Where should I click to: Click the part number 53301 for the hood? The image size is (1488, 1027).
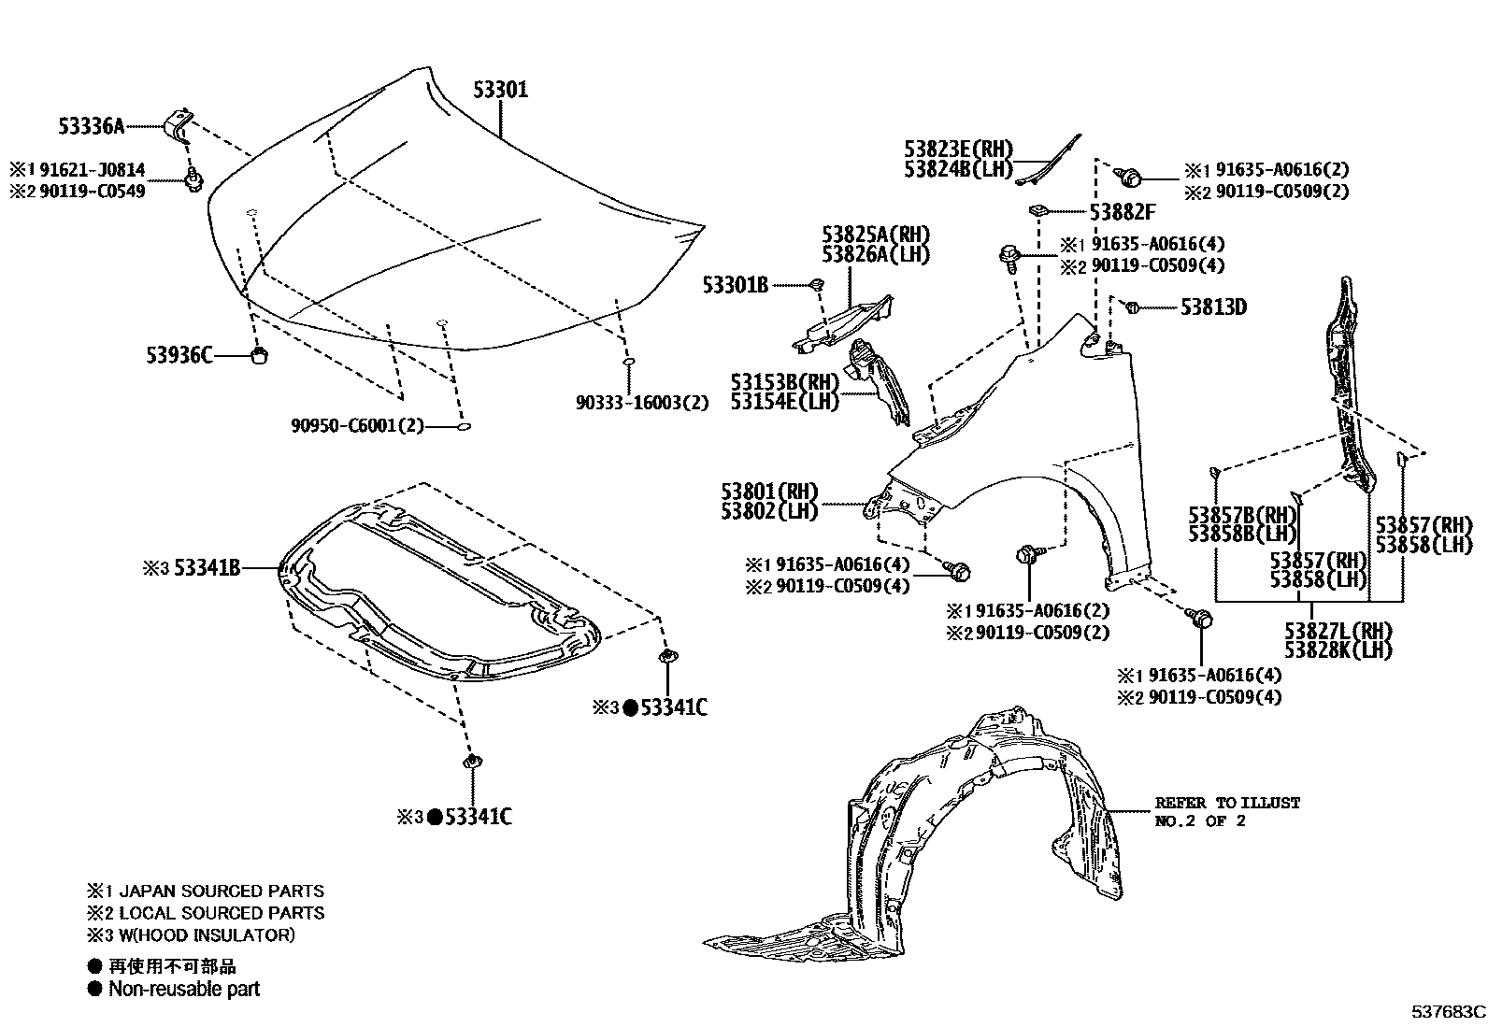pos(500,90)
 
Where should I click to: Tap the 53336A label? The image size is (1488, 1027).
pos(91,125)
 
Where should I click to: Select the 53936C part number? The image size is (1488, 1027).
pos(179,354)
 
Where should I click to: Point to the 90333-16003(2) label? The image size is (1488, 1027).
pos(641,403)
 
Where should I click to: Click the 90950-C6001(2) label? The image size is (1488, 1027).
pos(357,426)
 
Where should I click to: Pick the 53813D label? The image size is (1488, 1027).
pos(1213,307)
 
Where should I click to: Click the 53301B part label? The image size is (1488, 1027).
pos(736,285)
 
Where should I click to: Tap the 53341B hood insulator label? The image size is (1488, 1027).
pos(207,567)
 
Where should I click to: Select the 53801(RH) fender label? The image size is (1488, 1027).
pos(769,492)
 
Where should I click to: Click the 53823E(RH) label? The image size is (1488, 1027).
pos(958,149)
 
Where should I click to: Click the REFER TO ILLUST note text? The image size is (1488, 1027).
pos(1226,803)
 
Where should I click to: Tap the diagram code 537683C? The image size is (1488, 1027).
pos(1448,1011)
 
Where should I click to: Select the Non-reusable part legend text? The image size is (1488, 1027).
pos(184,989)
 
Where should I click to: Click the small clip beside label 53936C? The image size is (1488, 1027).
pos(261,354)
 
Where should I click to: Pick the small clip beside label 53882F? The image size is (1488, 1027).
pos(1037,209)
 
